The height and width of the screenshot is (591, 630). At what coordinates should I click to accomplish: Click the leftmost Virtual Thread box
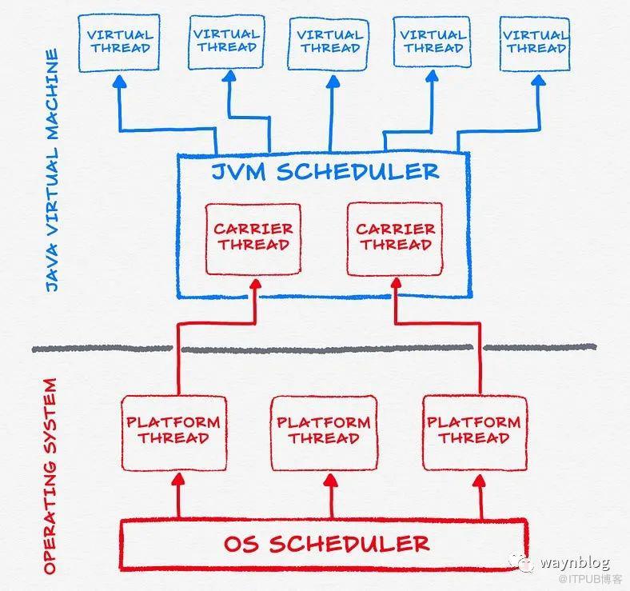[119, 43]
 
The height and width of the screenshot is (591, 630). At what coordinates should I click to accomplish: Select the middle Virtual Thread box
[329, 43]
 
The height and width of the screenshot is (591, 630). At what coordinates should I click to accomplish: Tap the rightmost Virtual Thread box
[535, 44]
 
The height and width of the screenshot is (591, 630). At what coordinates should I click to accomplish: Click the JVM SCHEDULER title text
[325, 172]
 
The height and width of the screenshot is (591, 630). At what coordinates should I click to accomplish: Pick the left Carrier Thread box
[253, 239]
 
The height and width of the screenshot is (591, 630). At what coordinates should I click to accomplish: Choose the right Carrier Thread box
[395, 239]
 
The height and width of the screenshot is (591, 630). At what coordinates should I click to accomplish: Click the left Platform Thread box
[173, 433]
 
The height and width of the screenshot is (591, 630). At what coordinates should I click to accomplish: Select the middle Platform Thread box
[324, 433]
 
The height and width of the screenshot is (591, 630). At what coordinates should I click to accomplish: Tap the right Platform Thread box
[475, 433]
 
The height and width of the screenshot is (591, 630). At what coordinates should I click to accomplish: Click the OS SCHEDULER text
[327, 544]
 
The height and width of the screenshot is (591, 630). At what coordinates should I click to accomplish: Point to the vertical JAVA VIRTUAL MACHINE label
[52, 170]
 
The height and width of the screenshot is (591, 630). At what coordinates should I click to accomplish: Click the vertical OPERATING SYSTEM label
[50, 476]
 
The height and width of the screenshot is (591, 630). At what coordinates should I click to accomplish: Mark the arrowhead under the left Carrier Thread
[256, 284]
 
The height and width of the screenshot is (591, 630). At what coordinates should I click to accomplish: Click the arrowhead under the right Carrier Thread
[397, 283]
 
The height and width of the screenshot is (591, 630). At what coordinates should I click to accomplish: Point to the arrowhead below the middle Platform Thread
[331, 480]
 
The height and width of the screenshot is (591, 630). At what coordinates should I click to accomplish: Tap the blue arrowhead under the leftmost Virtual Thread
[119, 82]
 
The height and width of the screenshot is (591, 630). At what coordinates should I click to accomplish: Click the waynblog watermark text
[576, 561]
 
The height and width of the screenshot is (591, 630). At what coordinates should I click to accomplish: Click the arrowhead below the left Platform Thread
[179, 479]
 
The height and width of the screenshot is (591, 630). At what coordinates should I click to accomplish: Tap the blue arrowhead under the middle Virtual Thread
[333, 82]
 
